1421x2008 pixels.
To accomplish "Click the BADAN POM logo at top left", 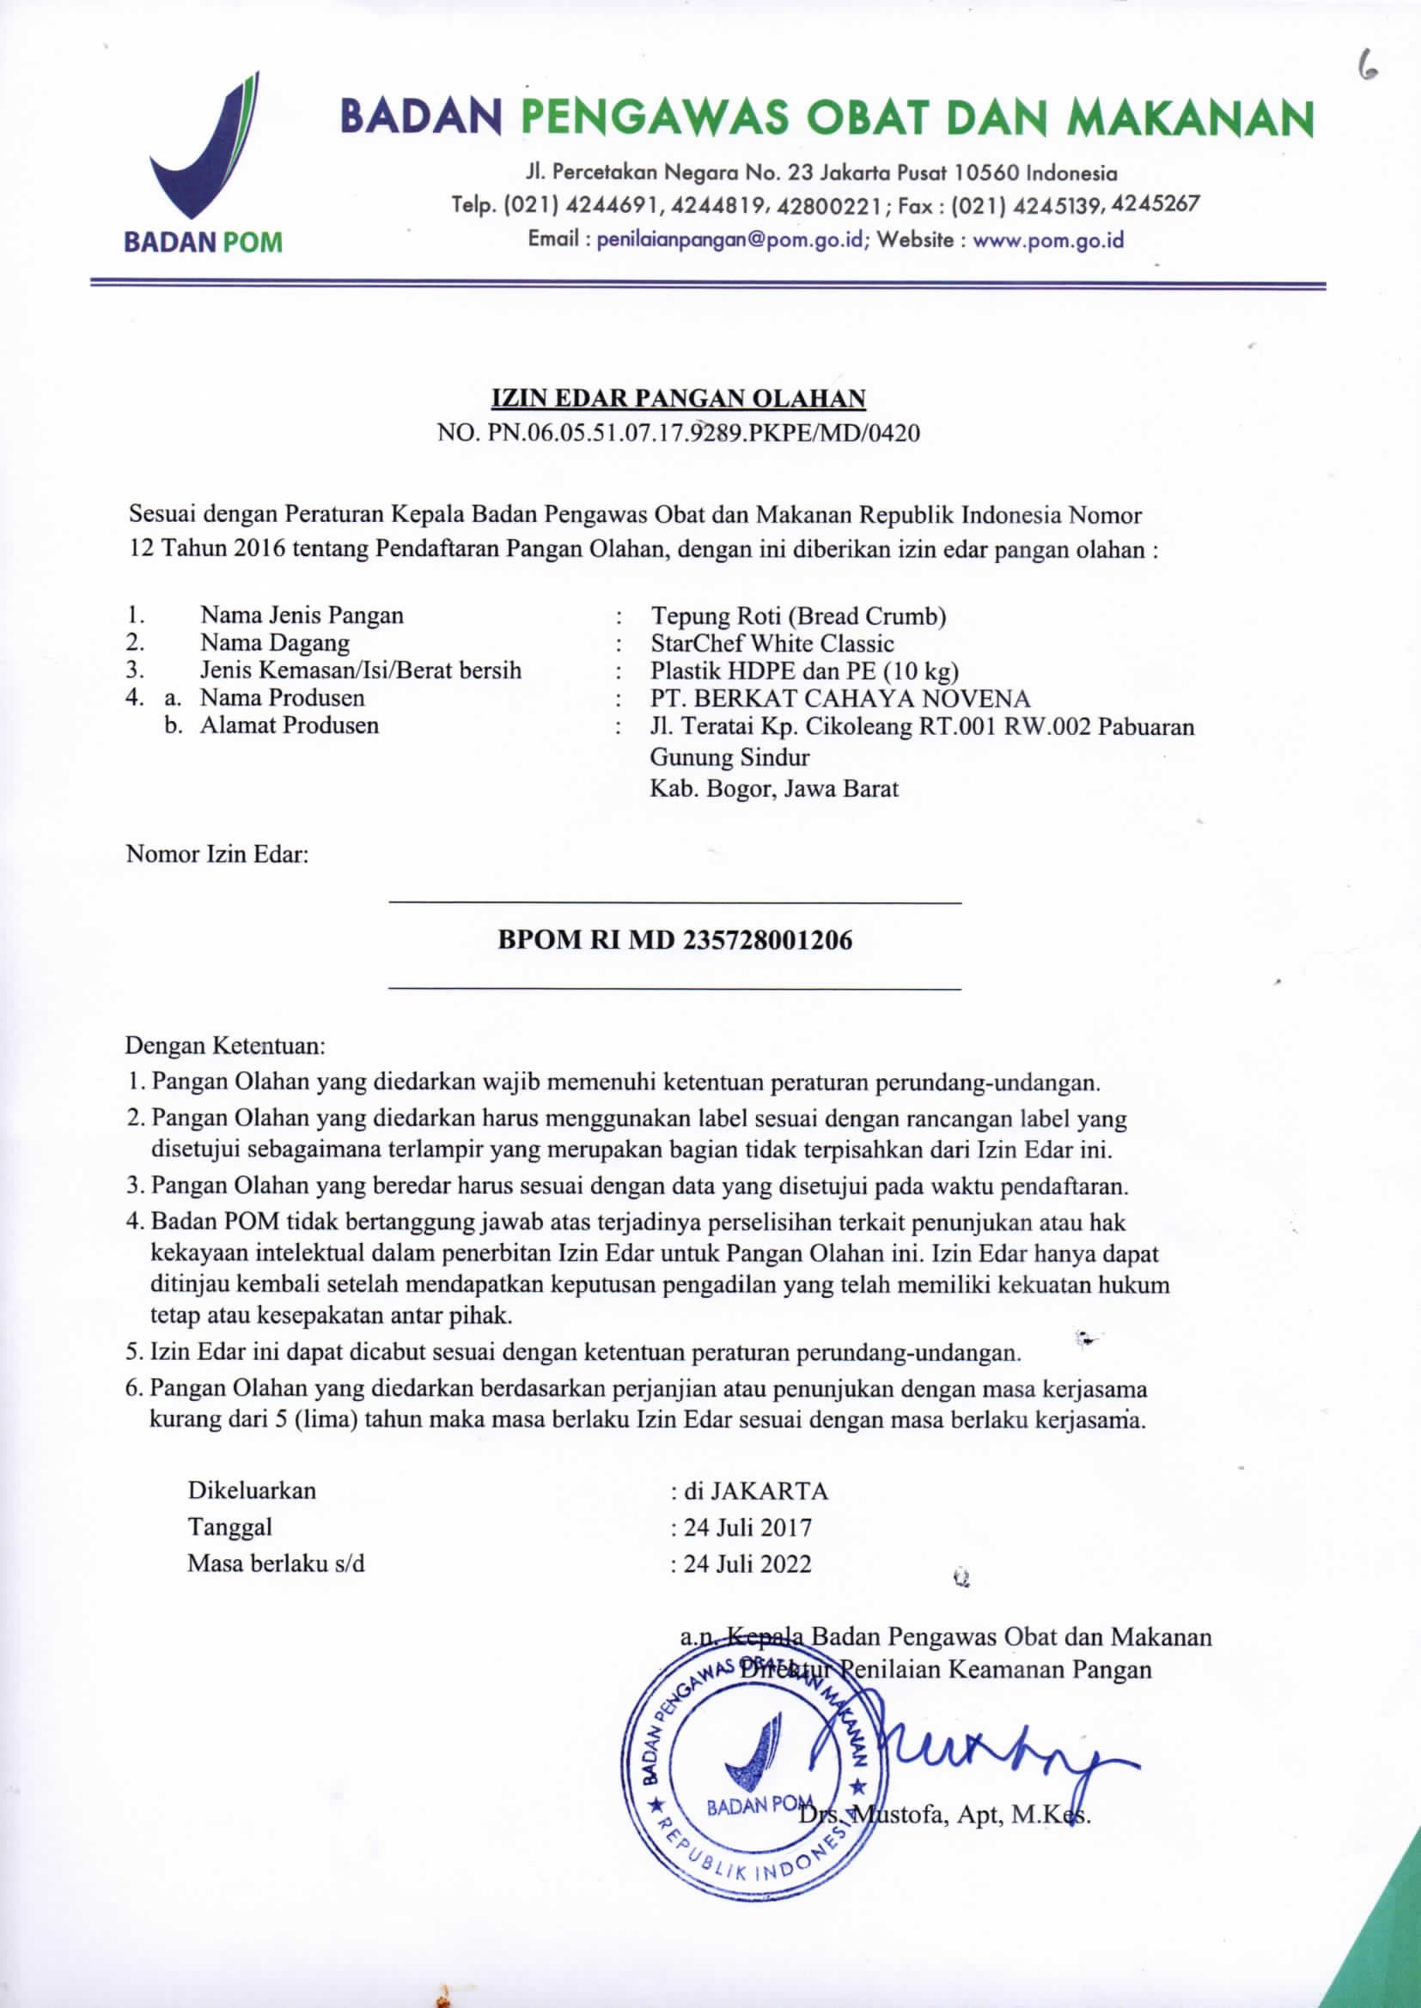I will (x=203, y=161).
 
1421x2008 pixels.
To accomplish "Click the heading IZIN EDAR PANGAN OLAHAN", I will (x=678, y=399).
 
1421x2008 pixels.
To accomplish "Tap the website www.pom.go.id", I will (x=1047, y=240).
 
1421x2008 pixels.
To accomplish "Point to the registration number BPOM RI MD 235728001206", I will (x=674, y=940).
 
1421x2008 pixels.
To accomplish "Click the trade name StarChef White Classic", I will (x=771, y=644).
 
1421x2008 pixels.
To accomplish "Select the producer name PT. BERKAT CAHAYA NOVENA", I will (x=840, y=699).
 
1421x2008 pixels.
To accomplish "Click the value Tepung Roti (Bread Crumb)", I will (x=798, y=616).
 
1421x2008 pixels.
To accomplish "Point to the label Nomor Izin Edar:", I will (x=218, y=853).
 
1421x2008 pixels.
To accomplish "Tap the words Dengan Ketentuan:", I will (x=225, y=1045).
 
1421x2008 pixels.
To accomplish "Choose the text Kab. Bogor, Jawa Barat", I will (x=773, y=789).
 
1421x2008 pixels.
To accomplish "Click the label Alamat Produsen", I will (x=289, y=725).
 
